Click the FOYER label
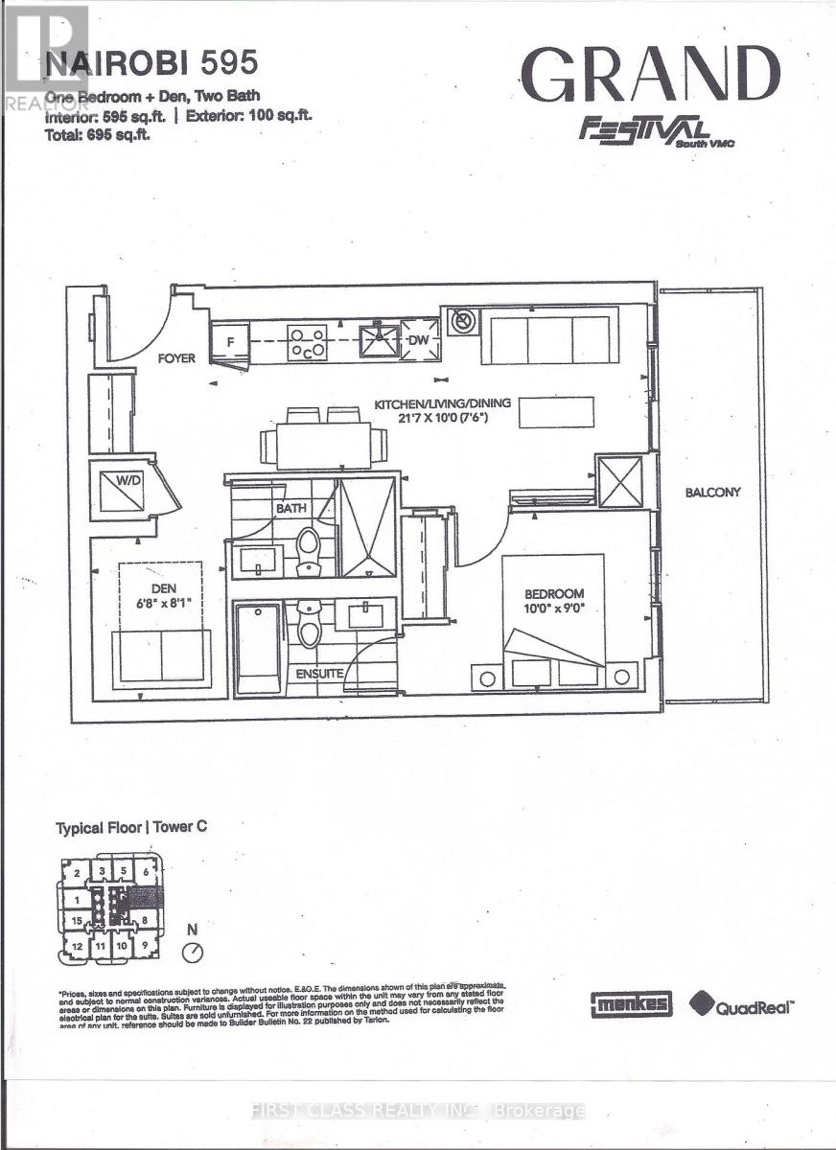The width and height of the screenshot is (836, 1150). point(176,358)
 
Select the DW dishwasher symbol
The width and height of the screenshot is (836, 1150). point(418,341)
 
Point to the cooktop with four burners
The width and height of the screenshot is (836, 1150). point(308,343)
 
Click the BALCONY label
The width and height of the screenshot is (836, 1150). point(712,493)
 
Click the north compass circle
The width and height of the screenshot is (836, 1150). point(194,952)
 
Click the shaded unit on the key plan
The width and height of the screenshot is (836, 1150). point(147,899)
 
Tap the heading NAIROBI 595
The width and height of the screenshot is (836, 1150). point(151,63)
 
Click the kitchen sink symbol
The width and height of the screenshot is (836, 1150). point(378,341)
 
